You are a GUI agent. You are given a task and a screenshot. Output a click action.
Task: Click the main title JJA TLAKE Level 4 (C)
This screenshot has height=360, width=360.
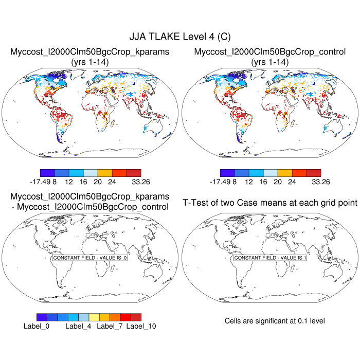click(x=180, y=37)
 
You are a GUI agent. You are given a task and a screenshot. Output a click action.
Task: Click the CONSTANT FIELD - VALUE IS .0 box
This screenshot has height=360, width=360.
click(x=90, y=258)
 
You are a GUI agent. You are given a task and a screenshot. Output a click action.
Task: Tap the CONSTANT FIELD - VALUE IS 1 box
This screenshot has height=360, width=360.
click(x=270, y=258)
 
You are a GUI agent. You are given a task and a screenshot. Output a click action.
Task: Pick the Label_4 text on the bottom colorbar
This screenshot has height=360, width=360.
click(x=79, y=326)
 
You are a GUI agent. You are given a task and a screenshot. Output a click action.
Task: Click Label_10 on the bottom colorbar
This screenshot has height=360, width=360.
click(x=141, y=326)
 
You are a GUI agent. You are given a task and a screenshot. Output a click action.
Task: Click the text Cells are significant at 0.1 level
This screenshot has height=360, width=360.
click(x=275, y=321)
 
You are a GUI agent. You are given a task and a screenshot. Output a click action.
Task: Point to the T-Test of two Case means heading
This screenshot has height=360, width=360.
click(x=270, y=203)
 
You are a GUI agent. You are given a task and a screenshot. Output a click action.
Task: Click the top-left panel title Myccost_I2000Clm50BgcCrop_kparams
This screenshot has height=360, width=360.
click(x=90, y=52)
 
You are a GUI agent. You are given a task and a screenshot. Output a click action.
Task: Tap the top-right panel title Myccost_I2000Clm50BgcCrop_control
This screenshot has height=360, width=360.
click(x=270, y=52)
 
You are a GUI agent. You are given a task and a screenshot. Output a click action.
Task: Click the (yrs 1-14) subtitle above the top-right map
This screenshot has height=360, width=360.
click(x=270, y=62)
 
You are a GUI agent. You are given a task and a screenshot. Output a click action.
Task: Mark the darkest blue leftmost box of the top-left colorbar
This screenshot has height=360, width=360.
click(x=47, y=173)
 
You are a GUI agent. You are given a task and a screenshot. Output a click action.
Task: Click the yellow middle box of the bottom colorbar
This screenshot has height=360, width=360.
click(x=94, y=317)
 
